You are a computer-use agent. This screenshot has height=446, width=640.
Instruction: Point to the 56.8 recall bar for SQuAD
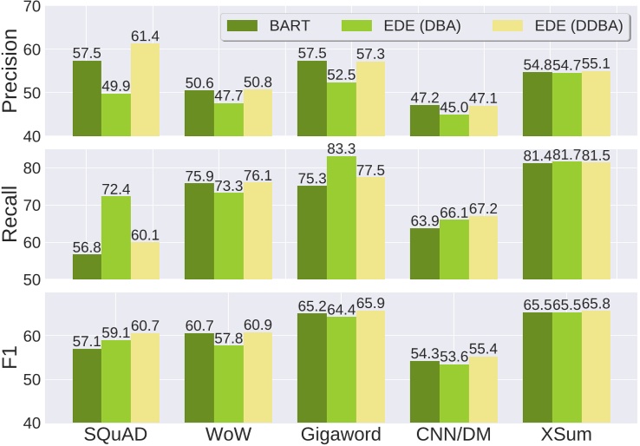coord(87,266)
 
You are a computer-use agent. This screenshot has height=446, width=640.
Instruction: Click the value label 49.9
coord(116,84)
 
